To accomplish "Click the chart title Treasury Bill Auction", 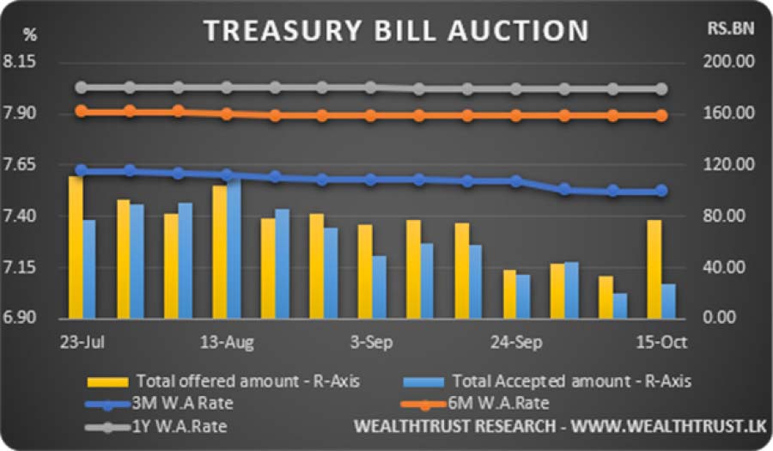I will tap(396, 31).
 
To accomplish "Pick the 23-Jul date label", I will tap(82, 342).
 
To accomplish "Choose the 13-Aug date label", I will tap(227, 342).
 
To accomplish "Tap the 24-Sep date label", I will tap(515, 342).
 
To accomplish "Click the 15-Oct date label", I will tap(660, 342).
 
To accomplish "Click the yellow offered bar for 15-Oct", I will tap(654, 268).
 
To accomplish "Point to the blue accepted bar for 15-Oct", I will tap(668, 301).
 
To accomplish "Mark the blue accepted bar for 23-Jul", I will tap(89, 268).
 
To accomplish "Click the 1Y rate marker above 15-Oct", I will tap(661, 88).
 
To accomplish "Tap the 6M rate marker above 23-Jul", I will tap(82, 111).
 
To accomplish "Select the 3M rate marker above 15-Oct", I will tap(661, 191).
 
